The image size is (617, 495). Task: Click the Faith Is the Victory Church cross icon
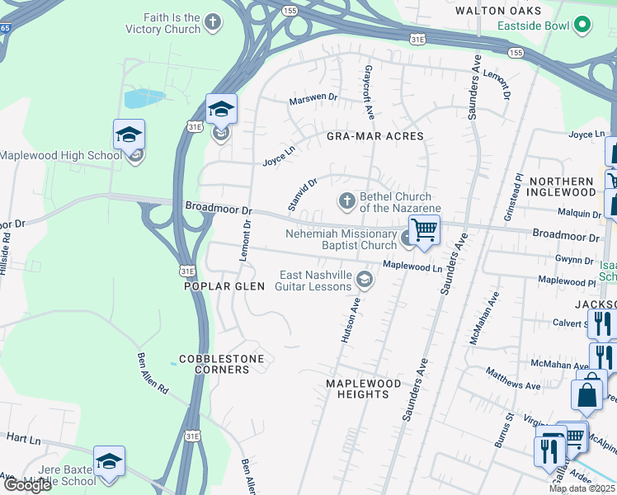214,23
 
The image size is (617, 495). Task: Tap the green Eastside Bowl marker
584,26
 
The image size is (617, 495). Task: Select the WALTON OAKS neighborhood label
499,11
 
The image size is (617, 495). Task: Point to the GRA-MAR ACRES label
374,136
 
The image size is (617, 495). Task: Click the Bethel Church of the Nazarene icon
347,200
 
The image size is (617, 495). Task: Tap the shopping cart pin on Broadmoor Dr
425,230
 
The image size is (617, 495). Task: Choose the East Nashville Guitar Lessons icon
363,281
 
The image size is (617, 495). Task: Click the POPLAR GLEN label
224,286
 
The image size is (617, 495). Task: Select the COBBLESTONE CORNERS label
214,364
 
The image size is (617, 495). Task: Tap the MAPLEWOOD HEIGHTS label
363,389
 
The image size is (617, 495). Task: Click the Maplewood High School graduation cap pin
130,135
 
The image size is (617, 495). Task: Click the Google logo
26,485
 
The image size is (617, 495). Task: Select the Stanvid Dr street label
303,193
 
